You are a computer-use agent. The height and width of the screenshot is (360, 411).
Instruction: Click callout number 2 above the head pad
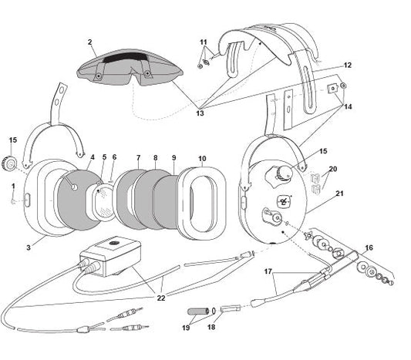tap(90, 42)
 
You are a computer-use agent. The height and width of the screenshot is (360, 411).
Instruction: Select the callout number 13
tap(200, 113)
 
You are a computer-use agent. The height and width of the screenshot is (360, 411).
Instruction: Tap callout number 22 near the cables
tap(161, 298)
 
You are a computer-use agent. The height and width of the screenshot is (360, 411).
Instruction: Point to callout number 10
tap(202, 159)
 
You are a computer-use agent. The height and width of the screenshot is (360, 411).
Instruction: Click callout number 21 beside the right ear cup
tap(339, 193)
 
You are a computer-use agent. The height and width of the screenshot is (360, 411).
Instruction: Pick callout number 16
tap(369, 247)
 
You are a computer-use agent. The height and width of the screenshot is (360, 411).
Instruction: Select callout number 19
tap(186, 328)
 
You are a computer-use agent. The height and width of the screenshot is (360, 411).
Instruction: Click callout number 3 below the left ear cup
tap(29, 247)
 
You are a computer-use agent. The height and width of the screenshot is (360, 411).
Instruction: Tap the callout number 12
tap(347, 65)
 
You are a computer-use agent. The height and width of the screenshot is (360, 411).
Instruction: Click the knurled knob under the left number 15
tap(10, 164)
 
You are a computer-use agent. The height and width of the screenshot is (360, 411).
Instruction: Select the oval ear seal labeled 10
tap(202, 204)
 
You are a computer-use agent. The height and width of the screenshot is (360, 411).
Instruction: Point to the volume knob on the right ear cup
tap(283, 173)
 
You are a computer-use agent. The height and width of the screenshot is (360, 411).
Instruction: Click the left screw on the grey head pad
tap(99, 76)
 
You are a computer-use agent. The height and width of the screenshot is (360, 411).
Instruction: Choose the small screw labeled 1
tap(13, 201)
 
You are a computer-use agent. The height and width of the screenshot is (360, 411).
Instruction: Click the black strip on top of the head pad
tap(126, 57)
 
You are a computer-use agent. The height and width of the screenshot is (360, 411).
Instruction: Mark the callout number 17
tap(268, 271)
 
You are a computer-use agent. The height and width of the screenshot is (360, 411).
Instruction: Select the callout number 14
tap(348, 107)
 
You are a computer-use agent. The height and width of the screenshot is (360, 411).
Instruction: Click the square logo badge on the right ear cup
tap(283, 202)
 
